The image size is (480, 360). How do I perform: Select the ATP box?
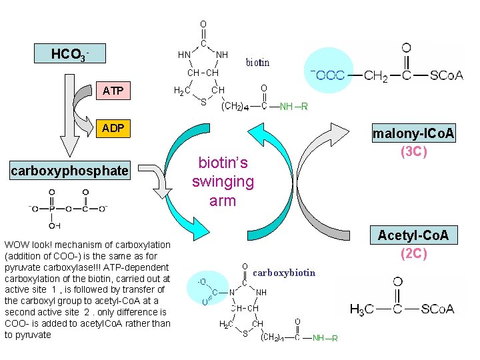(113, 91)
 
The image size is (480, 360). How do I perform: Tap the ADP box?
(113, 128)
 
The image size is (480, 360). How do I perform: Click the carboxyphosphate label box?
(69, 171)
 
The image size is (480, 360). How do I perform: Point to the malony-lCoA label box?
(413, 133)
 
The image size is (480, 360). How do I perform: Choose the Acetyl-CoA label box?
(413, 235)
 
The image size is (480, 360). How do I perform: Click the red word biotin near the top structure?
(257, 63)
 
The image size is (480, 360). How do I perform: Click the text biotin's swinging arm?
(223, 181)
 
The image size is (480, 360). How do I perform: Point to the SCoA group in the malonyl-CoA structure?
(446, 75)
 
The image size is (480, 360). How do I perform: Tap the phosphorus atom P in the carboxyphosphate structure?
(51, 209)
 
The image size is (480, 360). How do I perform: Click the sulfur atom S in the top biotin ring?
(203, 103)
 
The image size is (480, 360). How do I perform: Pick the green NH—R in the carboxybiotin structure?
(325, 338)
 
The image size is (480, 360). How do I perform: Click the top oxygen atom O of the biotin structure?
(203, 25)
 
